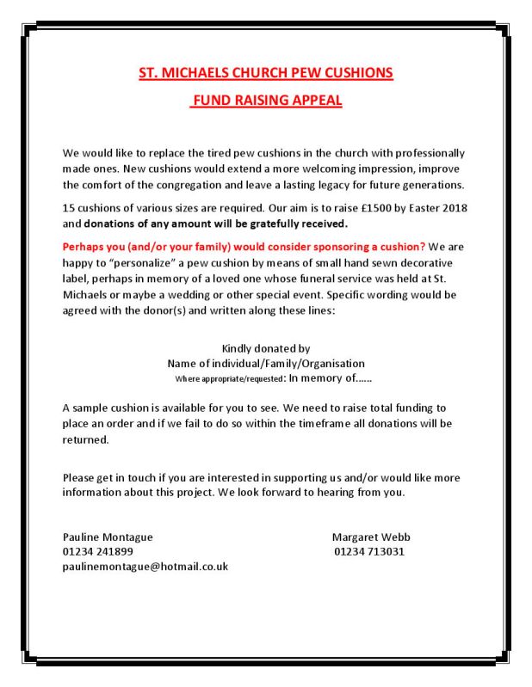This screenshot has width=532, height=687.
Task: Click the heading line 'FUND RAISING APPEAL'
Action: click(x=266, y=101)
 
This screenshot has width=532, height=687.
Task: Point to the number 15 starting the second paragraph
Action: click(x=70, y=209)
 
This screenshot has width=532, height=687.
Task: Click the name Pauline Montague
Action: click(x=108, y=537)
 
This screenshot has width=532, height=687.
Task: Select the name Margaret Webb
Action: click(x=371, y=537)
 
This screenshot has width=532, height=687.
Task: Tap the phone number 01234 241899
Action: click(x=97, y=551)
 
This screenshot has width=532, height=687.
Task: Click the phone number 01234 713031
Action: click(x=369, y=551)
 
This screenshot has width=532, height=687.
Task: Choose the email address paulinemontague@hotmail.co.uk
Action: click(x=145, y=567)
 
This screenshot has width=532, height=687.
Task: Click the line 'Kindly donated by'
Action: click(x=266, y=348)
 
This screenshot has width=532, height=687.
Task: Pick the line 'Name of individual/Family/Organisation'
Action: click(x=266, y=363)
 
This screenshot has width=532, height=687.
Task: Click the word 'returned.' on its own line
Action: click(x=86, y=439)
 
